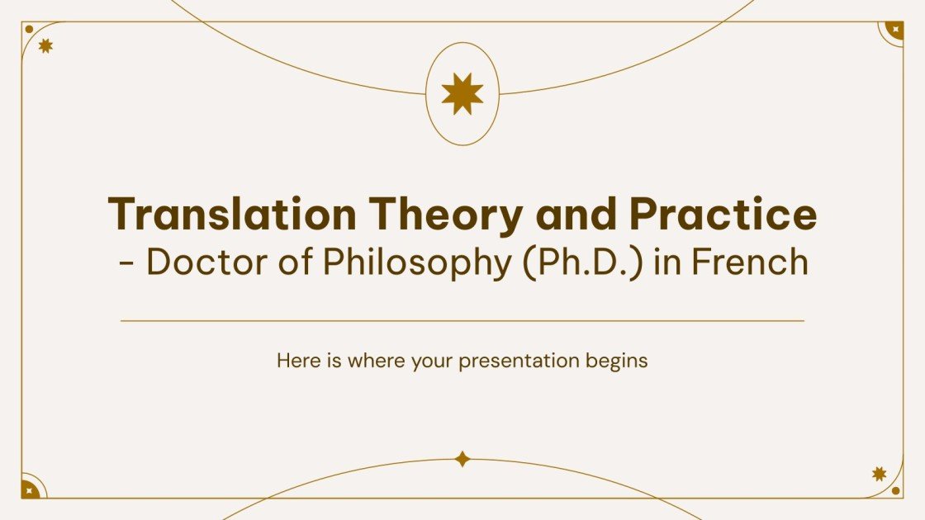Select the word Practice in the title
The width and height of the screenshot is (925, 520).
[723, 215]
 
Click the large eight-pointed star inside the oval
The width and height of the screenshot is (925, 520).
[462, 93]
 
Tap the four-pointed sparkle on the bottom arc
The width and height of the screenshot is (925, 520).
[462, 459]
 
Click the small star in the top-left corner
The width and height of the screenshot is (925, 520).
[45, 46]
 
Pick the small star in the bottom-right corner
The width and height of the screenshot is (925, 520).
[880, 474]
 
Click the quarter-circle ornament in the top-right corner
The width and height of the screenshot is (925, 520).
[894, 31]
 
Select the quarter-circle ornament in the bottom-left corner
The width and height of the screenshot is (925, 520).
[31, 489]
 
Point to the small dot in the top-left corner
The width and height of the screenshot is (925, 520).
[29, 29]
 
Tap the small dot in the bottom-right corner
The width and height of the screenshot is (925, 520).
[896, 490]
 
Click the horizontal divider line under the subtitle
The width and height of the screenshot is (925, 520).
[462, 320]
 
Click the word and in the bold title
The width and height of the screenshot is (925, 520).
[576, 215]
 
